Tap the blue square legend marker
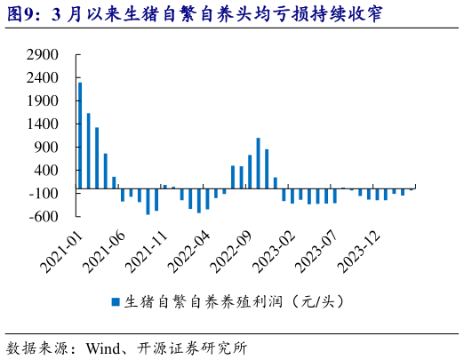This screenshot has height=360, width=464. coord(115,301)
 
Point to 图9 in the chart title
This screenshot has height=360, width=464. coord(20,15)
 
